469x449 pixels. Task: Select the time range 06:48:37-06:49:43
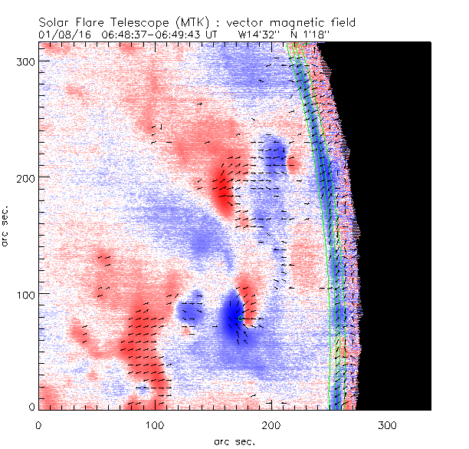tap(154, 35)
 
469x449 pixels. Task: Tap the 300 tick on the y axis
tap(23, 60)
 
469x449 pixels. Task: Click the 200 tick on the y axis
tap(23, 177)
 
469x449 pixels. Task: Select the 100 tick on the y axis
tap(23, 294)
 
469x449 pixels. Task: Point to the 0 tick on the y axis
tap(29, 407)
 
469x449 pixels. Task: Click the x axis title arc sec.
tap(235, 441)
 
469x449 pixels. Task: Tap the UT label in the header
tap(217, 35)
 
